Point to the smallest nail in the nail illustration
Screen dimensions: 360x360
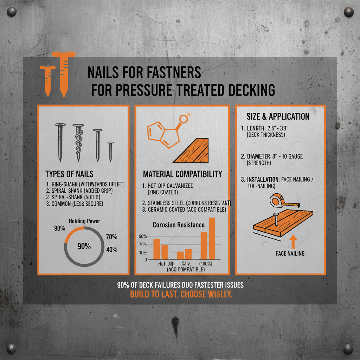coord(110,151)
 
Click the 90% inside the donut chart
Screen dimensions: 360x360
coord(84,246)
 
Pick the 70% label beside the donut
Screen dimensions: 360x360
coord(111,237)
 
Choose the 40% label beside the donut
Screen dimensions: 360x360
coord(111,250)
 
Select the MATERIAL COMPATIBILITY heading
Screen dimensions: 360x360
coord(182,174)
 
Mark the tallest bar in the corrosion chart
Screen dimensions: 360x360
coord(212,238)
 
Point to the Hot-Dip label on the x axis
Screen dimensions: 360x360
coord(166,264)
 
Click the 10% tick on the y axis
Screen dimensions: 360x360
coord(143,252)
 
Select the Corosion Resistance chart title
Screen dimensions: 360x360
coord(178,225)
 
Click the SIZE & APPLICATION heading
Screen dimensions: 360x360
coord(275,116)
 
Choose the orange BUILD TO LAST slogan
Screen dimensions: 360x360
coord(181,295)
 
